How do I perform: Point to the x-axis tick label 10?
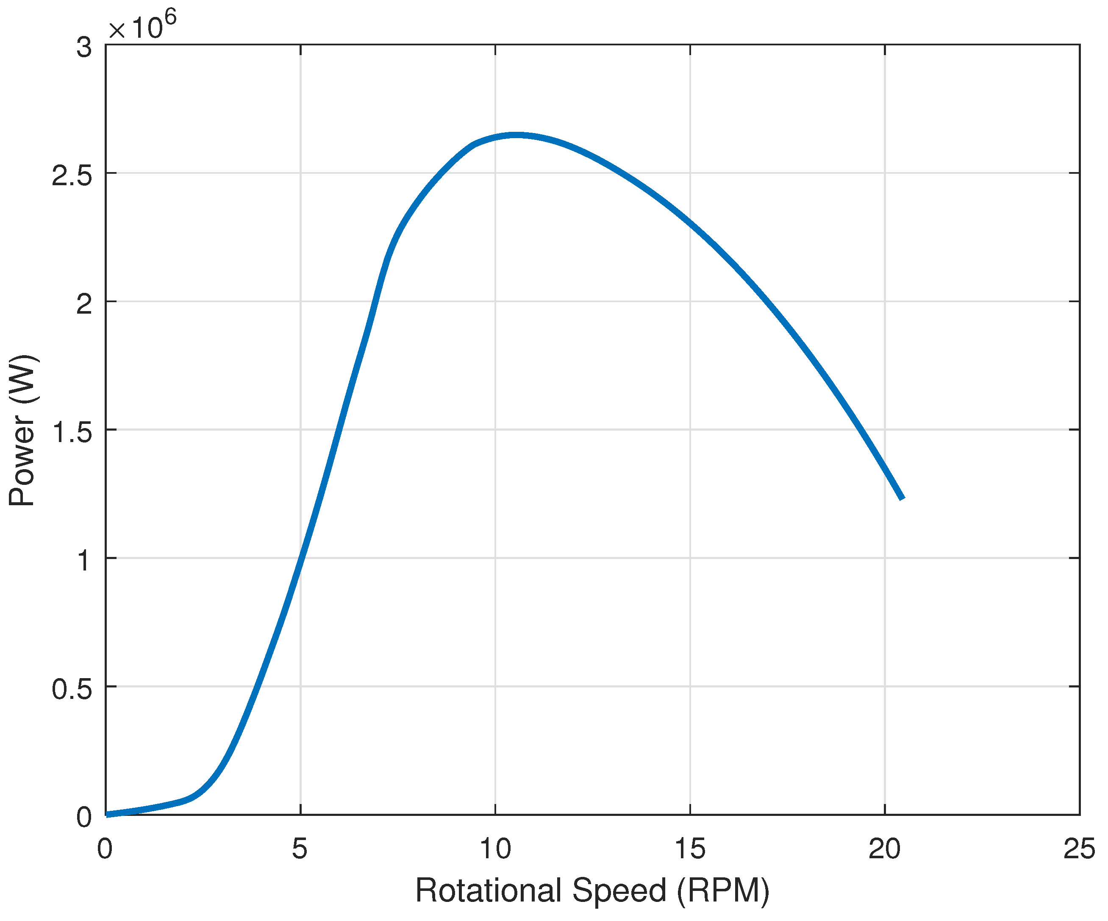click(495, 850)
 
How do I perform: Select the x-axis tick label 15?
click(690, 850)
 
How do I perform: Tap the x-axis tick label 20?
click(884, 850)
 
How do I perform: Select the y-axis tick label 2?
click(84, 304)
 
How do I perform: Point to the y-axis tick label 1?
click(84, 560)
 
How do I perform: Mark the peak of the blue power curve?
click(516, 135)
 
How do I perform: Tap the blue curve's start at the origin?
click(108, 814)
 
